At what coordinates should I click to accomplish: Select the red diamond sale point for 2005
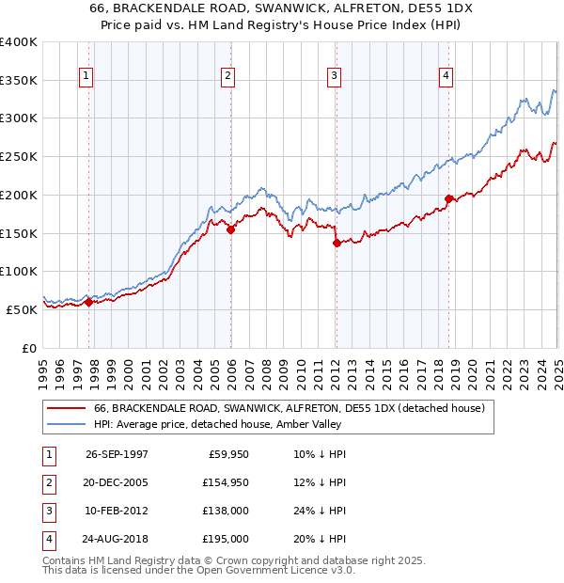tap(230, 229)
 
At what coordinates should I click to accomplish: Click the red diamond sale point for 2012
tap(337, 243)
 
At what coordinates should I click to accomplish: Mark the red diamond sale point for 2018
tap(448, 198)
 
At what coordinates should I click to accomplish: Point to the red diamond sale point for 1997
tap(89, 302)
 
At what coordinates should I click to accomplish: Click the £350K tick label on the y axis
tap(19, 81)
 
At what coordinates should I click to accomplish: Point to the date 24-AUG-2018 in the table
tap(117, 540)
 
